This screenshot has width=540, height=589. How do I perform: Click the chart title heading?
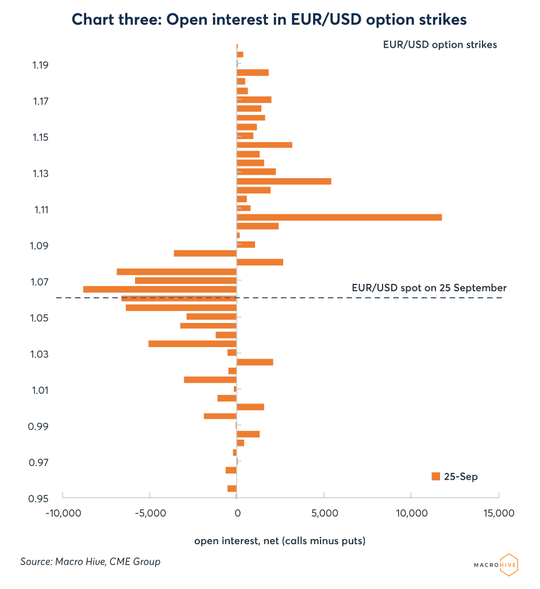(269, 20)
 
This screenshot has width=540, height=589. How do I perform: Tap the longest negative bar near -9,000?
(160, 289)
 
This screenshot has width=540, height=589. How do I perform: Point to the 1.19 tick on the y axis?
(40, 65)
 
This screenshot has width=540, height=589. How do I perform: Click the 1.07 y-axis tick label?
(40, 282)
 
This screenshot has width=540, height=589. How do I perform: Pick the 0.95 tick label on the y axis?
(40, 499)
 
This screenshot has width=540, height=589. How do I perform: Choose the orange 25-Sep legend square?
(435, 476)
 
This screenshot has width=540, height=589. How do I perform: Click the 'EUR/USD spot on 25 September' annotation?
(429, 288)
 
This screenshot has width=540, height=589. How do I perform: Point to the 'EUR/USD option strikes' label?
(439, 44)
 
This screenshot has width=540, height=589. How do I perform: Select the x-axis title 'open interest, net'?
(280, 541)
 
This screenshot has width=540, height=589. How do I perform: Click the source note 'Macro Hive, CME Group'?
(90, 561)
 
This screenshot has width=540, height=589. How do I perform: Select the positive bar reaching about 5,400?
(284, 181)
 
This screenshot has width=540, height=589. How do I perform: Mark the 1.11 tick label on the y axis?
(40, 210)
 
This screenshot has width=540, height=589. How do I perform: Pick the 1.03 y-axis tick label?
(40, 354)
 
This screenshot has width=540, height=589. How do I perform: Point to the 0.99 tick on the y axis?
(40, 426)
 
